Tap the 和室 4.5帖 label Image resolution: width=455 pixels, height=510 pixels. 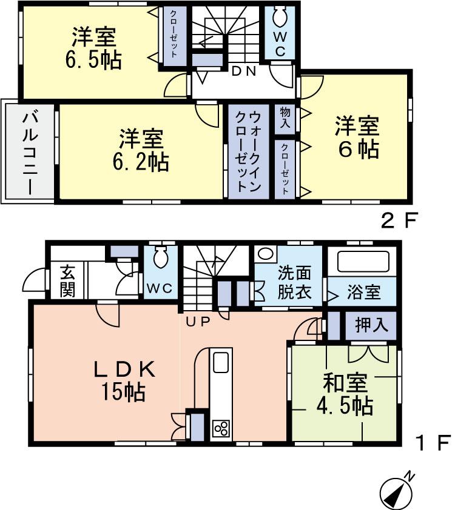(345, 394)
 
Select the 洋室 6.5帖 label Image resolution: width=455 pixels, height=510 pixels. (93, 48)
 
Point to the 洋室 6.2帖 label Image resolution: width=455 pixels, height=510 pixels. (141, 150)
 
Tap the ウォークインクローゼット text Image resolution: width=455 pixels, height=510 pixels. (248, 151)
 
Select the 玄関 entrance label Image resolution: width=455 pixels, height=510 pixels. (67, 281)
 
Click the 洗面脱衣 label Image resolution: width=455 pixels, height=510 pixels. (294, 282)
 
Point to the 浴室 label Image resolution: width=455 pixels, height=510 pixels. (363, 292)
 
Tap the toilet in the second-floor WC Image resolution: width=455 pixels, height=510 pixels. (280, 17)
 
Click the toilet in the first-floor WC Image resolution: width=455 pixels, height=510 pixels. (160, 257)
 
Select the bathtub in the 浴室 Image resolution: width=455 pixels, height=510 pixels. (363, 261)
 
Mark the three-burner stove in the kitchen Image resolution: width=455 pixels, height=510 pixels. (221, 428)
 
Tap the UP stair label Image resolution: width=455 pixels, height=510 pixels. (197, 322)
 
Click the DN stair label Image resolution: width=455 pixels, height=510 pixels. (244, 71)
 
